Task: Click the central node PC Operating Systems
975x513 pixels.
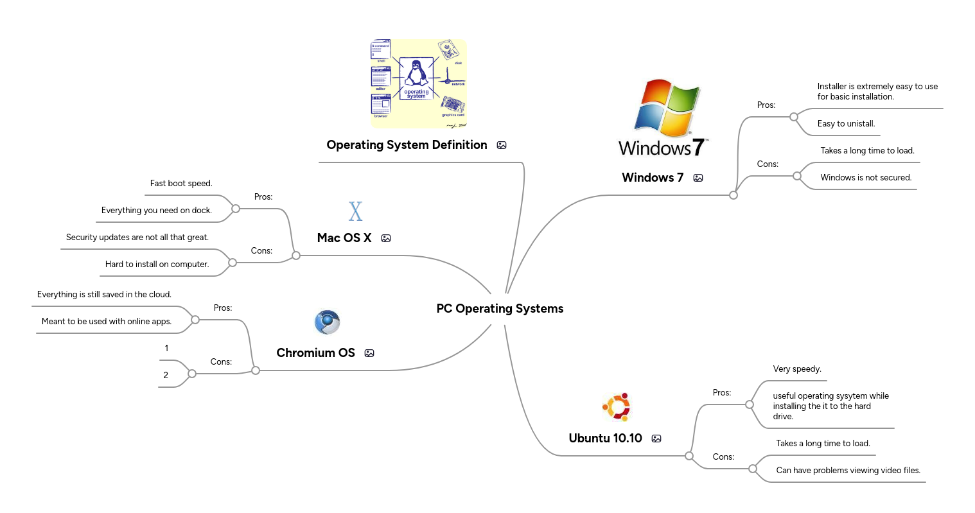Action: [x=500, y=309]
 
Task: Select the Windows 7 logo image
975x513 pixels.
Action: [x=663, y=118]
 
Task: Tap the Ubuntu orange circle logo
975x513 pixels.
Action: [x=617, y=407]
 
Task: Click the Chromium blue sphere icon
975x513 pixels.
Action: [x=327, y=322]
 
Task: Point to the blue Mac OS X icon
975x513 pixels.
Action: [x=355, y=211]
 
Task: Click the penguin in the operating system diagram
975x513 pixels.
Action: [x=416, y=73]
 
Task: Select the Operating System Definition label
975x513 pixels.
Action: [x=407, y=145]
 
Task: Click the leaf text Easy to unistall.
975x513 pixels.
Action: [x=846, y=124]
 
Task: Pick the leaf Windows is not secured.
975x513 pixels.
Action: [x=866, y=178]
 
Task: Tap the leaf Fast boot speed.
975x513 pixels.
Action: [x=181, y=184]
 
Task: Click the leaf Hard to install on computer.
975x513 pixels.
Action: [x=157, y=265]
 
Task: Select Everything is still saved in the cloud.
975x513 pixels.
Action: [x=104, y=295]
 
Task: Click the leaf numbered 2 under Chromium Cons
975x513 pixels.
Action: [x=166, y=376]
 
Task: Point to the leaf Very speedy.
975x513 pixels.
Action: [x=797, y=369]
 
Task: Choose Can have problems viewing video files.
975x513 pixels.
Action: [x=848, y=471]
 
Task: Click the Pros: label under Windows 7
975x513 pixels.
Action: [x=766, y=105]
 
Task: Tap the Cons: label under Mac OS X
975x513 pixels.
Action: [x=261, y=251]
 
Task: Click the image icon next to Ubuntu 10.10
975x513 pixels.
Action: [x=656, y=439]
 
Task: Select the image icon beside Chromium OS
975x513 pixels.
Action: [x=369, y=353]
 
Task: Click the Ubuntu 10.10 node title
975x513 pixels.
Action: [x=605, y=439]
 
